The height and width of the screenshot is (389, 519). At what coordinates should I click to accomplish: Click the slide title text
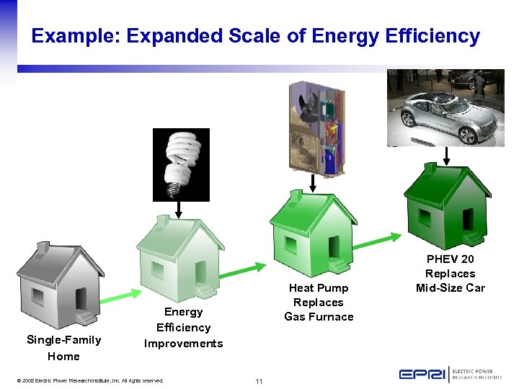255,36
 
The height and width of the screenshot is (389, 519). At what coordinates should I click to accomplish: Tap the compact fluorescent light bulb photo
181,164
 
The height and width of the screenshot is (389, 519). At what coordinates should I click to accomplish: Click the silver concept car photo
445,108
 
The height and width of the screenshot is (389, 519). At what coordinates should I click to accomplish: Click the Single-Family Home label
63,348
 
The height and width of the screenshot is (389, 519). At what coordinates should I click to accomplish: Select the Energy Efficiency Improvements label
183,327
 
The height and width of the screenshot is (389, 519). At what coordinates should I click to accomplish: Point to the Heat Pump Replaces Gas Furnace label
319,303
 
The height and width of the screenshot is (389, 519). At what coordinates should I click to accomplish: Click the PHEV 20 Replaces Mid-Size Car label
451,274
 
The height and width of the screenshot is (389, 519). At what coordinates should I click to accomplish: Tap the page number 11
258,380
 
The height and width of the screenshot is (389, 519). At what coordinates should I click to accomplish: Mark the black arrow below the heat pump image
313,184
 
